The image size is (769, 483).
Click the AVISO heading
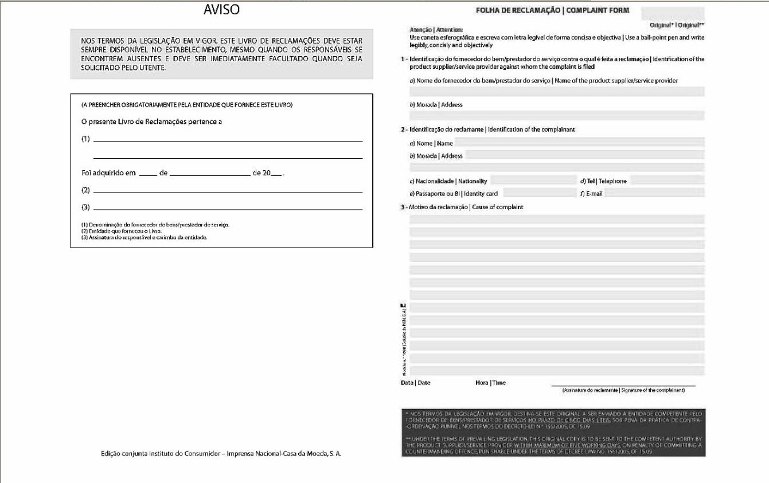(x=221, y=10)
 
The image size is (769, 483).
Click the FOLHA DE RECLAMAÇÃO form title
(x=552, y=10)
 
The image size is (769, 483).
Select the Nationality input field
(x=533, y=180)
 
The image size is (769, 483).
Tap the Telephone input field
(x=667, y=180)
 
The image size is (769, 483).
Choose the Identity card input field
(x=539, y=194)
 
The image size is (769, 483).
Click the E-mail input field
(x=654, y=194)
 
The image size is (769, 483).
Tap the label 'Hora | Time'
(x=490, y=383)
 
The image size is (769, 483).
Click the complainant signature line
(x=623, y=385)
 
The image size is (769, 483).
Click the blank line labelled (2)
(x=228, y=191)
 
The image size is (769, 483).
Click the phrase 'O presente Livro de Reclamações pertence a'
(x=152, y=121)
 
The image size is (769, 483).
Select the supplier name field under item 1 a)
(x=557, y=92)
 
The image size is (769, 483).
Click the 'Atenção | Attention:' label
(x=436, y=29)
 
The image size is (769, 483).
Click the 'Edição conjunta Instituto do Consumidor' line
(x=221, y=454)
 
